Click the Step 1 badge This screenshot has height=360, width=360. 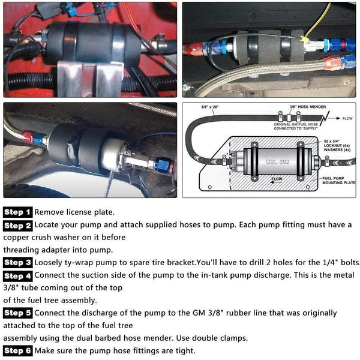17,212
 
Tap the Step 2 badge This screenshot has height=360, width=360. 17,226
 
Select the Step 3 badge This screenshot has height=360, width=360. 17,262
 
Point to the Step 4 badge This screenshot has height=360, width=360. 17,276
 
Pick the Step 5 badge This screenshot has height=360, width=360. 17,313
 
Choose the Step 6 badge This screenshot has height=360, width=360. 17,350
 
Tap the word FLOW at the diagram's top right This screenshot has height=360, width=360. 347,119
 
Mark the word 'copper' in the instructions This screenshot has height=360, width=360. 17,238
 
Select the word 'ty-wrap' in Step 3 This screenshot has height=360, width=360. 80,262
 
